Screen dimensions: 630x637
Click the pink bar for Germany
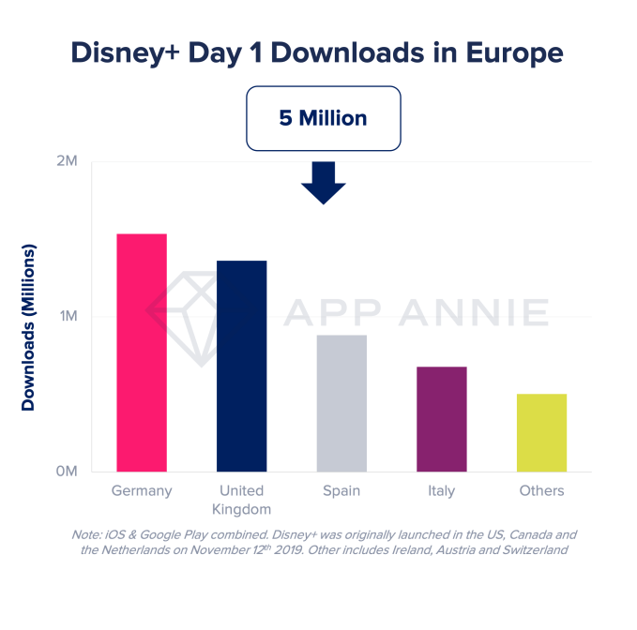[142, 352]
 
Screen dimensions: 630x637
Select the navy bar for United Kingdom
[241, 366]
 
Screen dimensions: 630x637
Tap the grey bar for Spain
[341, 403]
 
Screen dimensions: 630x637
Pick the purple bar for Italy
[442, 419]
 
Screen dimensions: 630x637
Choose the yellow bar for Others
[541, 432]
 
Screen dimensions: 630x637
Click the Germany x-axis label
[142, 491]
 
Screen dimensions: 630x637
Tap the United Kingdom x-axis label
[241, 500]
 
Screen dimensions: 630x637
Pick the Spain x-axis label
[341, 491]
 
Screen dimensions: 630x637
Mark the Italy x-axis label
[442, 491]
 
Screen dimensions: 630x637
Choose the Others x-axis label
[541, 491]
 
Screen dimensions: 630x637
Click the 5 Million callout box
[323, 119]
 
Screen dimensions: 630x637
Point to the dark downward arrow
[323, 182]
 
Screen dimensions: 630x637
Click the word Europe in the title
[512, 52]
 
